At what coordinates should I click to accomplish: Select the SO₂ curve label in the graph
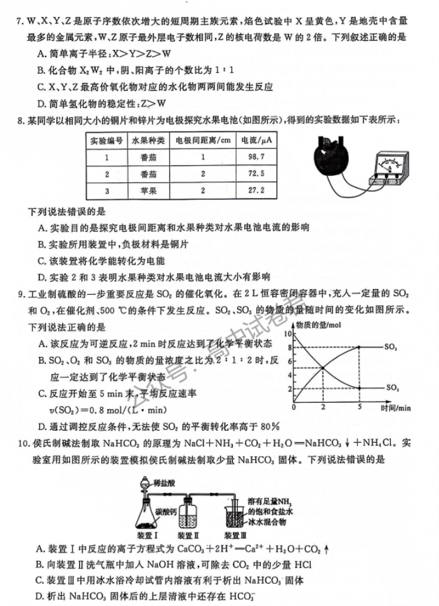(391, 387)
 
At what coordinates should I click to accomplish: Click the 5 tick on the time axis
(359, 407)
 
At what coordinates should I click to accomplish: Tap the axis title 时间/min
(396, 407)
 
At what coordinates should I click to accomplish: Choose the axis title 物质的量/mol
(315, 326)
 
